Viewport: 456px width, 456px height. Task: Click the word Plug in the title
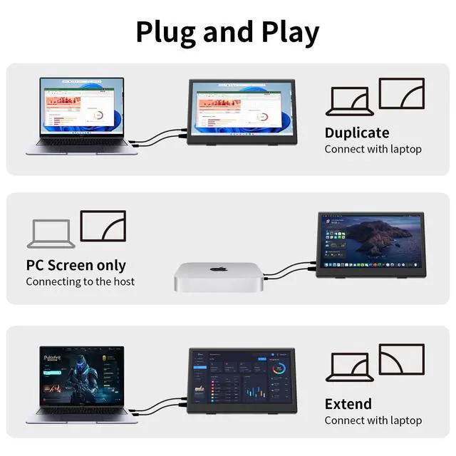point(165,32)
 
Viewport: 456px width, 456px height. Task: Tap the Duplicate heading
point(356,133)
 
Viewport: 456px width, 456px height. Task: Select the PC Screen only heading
point(76,265)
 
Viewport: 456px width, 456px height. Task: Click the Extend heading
point(348,404)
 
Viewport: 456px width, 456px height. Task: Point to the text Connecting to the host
point(81,281)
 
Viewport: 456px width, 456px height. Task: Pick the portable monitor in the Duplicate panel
point(242,111)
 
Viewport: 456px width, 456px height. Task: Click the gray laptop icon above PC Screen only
point(51,233)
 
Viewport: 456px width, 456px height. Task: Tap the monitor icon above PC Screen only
point(103,226)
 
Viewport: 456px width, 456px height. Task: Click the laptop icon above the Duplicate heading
point(347,101)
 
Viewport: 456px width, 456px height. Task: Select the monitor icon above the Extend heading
point(401,359)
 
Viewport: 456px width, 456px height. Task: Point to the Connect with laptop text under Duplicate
point(373,150)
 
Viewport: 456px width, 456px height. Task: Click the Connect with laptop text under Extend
point(373,420)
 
